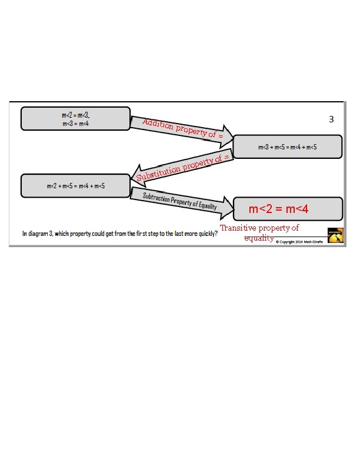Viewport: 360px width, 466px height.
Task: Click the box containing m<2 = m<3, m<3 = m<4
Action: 75,119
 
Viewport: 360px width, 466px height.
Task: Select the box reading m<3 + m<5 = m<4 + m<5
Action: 288,147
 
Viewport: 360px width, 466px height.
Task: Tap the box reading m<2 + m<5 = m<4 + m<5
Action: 75,186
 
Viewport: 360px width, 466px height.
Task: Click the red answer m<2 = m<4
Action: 278,209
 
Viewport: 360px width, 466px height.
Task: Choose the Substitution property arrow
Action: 182,168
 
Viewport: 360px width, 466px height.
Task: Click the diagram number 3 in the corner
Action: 331,119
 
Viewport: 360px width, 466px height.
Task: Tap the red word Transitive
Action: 238,228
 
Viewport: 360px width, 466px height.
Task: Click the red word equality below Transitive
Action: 259,238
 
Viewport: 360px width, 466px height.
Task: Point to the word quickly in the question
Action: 208,234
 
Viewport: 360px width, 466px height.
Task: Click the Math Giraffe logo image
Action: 335,235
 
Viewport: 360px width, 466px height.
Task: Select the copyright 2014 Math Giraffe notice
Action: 299,242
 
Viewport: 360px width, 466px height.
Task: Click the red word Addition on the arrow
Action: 158,124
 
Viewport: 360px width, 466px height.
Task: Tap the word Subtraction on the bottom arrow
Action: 156,198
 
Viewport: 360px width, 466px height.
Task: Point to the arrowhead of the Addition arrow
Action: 227,137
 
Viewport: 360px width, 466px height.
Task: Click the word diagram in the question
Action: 39,234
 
